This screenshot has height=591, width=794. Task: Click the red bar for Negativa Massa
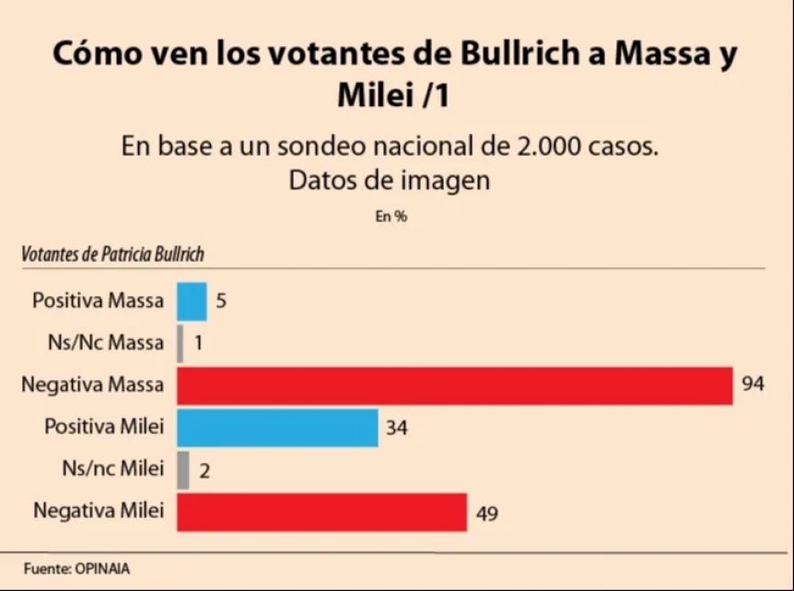(x=454, y=385)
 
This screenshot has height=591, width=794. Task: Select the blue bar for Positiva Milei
(x=277, y=428)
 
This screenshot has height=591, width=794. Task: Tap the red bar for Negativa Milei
(x=321, y=512)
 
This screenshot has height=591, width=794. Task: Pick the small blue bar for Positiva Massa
(x=192, y=301)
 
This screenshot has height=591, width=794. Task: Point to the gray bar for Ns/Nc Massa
(x=181, y=343)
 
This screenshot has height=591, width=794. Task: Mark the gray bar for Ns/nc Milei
(x=183, y=470)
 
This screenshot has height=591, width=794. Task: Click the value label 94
(x=753, y=383)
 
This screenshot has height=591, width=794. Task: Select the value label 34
(x=398, y=428)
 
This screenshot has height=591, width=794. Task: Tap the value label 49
(x=487, y=513)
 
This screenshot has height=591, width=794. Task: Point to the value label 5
(x=221, y=301)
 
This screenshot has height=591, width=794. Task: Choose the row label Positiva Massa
(x=98, y=301)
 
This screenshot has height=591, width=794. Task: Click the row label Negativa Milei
(x=98, y=510)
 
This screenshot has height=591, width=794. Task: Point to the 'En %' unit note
(x=391, y=217)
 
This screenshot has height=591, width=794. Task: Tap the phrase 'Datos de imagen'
(x=390, y=180)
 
